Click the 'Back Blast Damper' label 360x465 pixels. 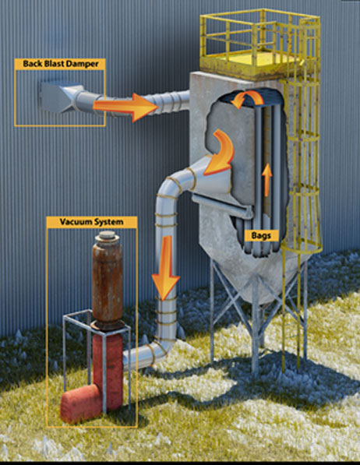pyautogui.click(x=60, y=64)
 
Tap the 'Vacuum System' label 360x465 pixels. pyautogui.click(x=91, y=222)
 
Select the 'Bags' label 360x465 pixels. pyautogui.click(x=261, y=235)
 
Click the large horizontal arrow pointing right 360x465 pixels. pyautogui.click(x=125, y=107)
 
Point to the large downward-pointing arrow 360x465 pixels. pyautogui.click(x=166, y=267)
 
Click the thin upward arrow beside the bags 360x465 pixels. pyautogui.click(x=267, y=179)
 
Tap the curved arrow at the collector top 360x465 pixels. pyautogui.click(x=247, y=98)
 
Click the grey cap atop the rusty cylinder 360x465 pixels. pyautogui.click(x=107, y=236)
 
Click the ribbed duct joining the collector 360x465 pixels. pyautogui.click(x=169, y=102)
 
